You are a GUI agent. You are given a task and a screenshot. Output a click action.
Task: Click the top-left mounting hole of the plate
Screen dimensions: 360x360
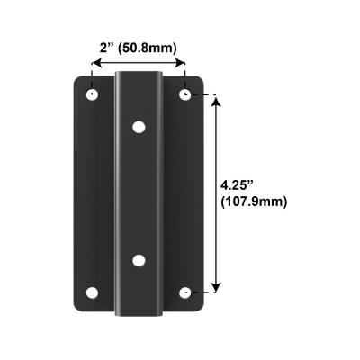click(92, 94)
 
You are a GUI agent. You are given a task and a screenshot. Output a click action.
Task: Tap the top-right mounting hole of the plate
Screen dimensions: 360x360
click(184, 94)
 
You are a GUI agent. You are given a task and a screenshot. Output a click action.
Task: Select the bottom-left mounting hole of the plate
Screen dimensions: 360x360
click(92, 292)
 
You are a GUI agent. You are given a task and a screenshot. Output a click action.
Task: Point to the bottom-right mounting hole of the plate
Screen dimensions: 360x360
click(184, 292)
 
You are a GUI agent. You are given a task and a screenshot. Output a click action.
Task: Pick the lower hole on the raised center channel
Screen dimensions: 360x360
click(138, 260)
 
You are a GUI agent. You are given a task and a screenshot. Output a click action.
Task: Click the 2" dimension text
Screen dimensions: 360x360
click(106, 48)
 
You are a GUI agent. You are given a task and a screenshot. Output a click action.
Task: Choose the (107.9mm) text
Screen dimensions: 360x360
click(253, 202)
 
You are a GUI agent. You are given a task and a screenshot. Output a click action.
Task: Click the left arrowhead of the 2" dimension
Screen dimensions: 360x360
click(93, 63)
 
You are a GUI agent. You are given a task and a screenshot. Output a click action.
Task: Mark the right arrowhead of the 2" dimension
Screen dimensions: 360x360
click(183, 63)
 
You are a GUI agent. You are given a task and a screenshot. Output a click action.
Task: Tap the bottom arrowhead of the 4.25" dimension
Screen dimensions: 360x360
click(215, 288)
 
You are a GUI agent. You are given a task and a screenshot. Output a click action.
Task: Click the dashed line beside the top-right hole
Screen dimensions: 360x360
click(205, 94)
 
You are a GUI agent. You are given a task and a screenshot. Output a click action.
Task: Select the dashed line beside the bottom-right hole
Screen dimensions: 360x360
click(205, 292)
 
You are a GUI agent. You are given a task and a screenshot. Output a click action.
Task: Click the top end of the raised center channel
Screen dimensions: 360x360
click(138, 76)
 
